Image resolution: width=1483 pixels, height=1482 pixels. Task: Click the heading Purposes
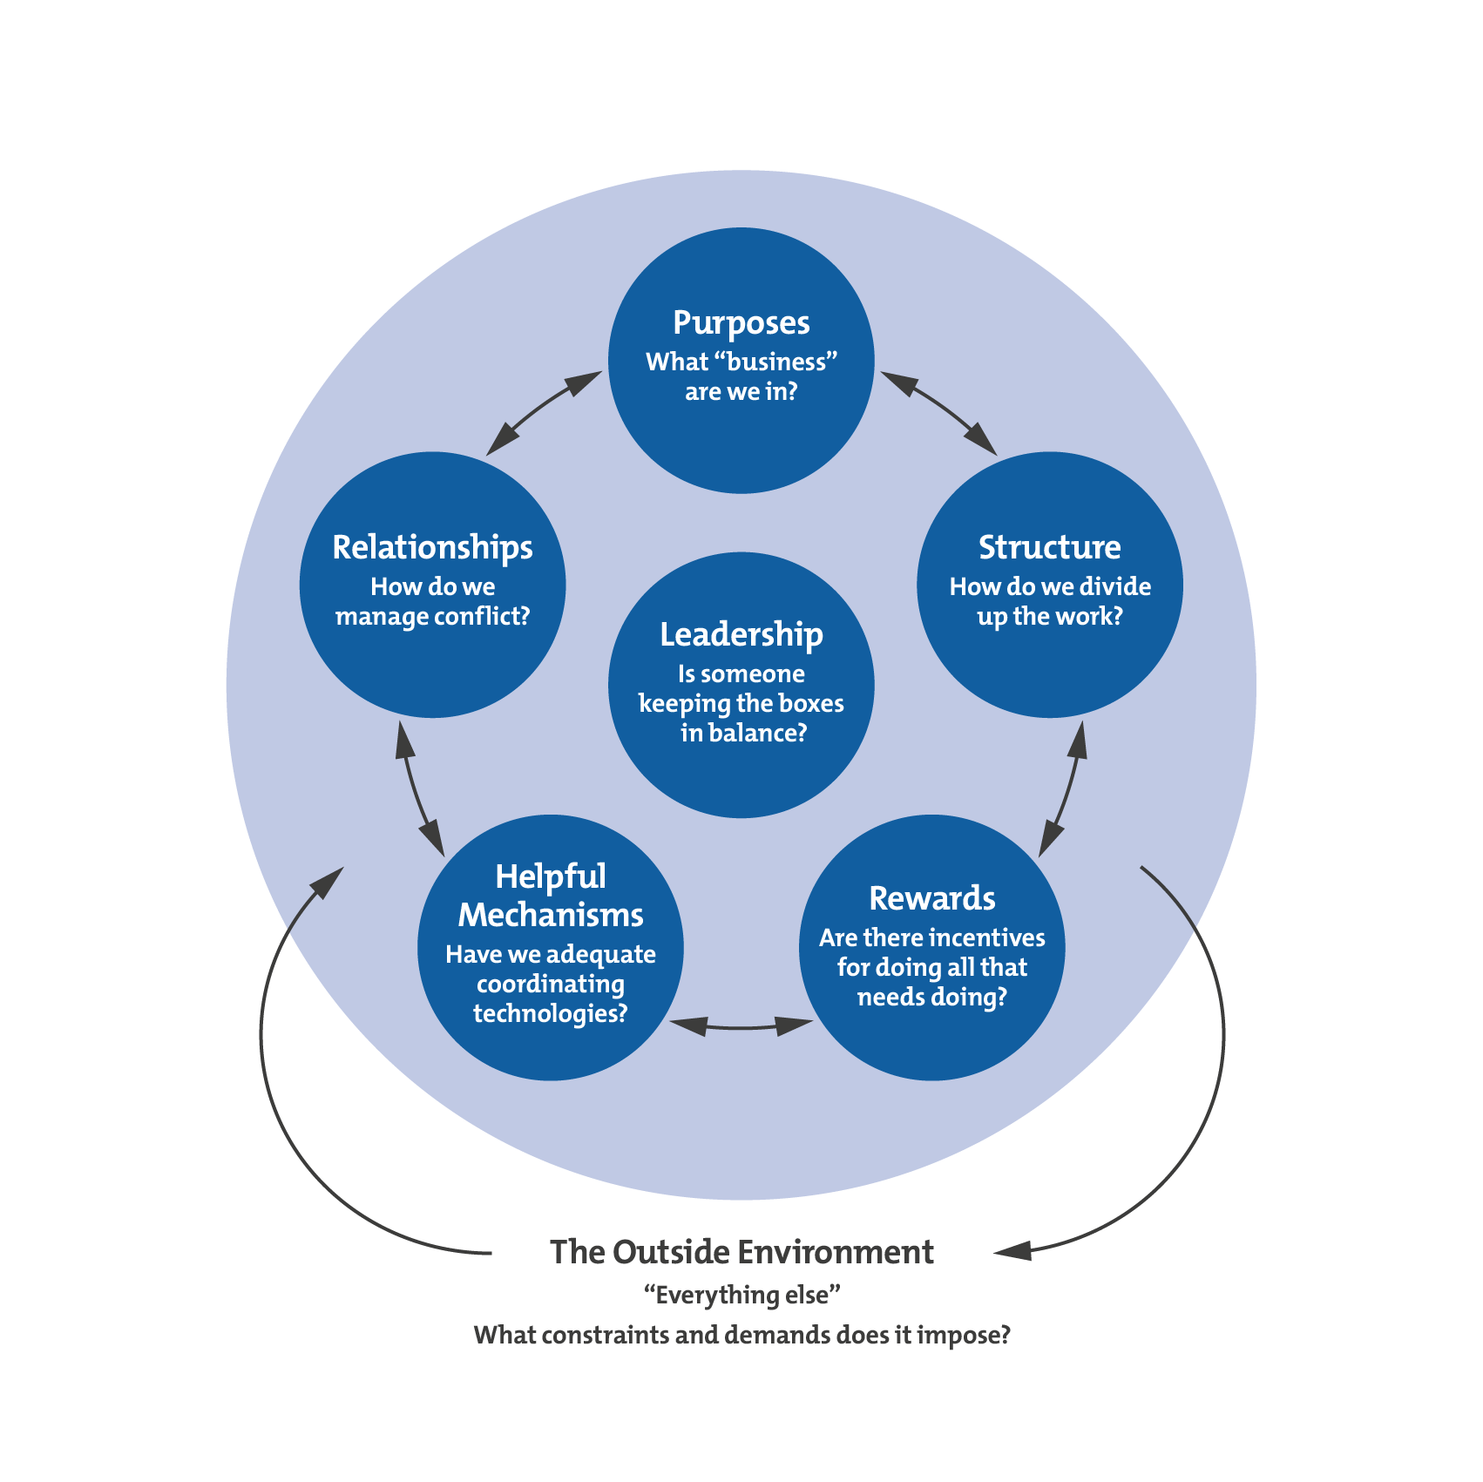pos(741,323)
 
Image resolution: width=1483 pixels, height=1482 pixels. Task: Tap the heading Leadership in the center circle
pos(741,634)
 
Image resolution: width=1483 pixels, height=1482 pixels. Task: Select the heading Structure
pos(1049,547)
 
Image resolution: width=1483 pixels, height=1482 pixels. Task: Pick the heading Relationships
pos(432,547)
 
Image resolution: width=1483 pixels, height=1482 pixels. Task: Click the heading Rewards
pos(931,898)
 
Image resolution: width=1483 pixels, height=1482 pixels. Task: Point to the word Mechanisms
pos(551,915)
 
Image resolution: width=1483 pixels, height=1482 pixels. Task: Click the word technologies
pos(550,1013)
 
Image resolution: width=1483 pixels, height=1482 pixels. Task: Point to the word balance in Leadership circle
pos(755,733)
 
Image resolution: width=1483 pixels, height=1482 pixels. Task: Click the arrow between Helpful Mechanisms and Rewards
pos(741,1027)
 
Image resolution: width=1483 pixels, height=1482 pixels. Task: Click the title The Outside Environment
pos(741,1252)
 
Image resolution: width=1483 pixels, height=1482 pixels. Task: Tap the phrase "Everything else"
pos(741,1295)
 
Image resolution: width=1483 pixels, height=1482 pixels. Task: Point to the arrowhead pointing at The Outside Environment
pos(1012,1251)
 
